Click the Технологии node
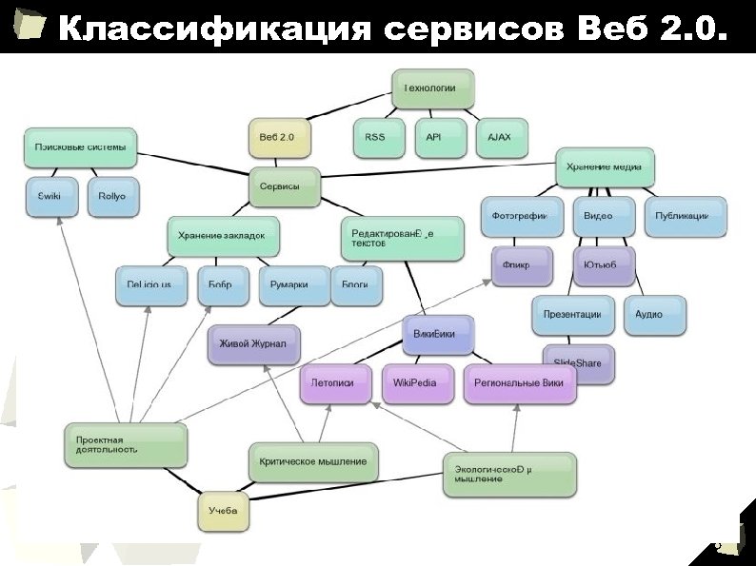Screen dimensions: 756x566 pos(432,88)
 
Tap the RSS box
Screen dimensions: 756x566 pos(376,137)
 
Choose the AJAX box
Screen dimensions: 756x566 pos(500,137)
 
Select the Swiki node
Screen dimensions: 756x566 pos(50,195)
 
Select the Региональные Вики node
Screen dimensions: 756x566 pos(521,382)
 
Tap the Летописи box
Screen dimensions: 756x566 pos(334,382)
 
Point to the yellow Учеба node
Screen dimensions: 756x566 pos(225,512)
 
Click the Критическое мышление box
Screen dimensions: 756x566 pos(313,461)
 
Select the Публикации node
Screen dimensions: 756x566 pos(684,216)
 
